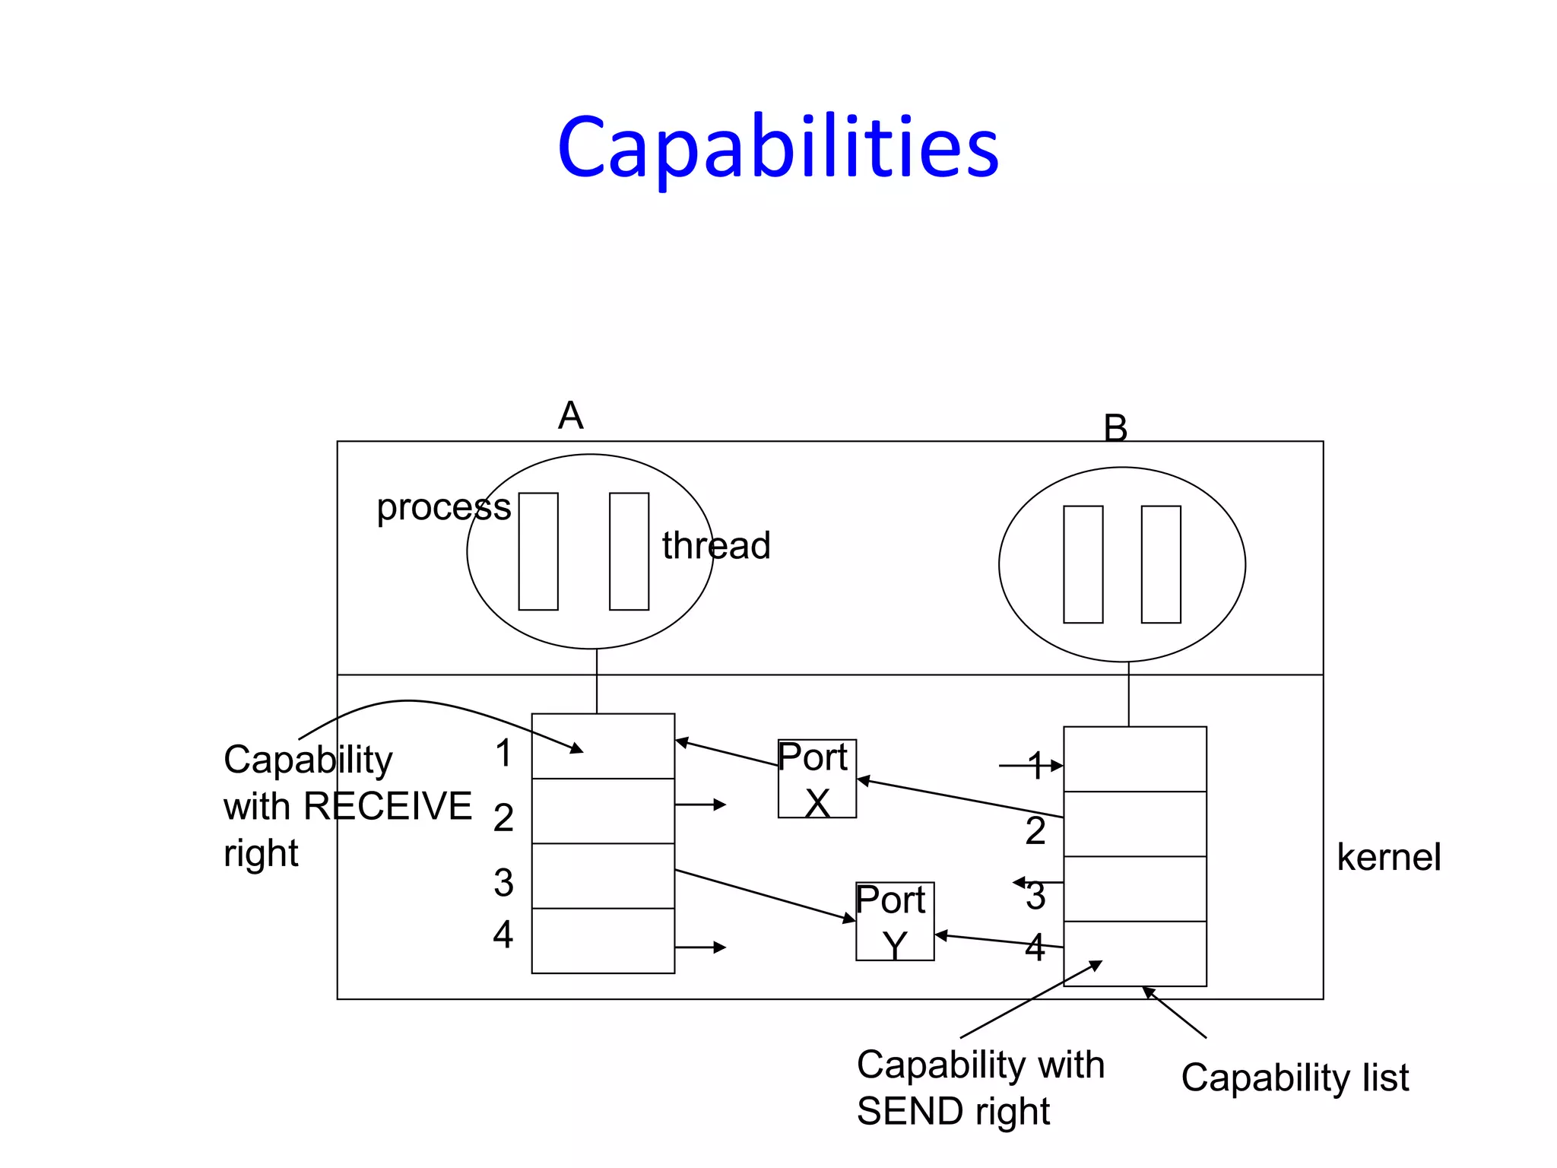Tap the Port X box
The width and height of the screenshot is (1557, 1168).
click(817, 779)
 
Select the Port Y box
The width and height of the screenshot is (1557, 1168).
click(894, 921)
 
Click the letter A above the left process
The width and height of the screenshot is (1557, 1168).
click(570, 415)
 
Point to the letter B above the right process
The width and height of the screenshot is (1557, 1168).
click(1115, 428)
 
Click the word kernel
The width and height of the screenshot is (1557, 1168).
click(1388, 857)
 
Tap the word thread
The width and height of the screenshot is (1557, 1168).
click(715, 545)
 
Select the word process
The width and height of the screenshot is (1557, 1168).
click(443, 507)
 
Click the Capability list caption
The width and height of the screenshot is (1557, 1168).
click(1295, 1078)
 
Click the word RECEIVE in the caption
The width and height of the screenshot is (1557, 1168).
click(387, 806)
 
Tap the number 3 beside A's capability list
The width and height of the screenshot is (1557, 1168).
click(503, 883)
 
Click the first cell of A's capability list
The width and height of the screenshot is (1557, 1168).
click(603, 746)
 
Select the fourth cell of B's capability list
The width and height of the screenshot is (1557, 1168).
click(1134, 953)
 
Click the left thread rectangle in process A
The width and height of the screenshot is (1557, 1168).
click(538, 551)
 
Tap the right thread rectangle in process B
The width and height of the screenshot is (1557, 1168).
click(1161, 564)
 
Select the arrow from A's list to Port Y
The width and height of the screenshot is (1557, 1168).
click(764, 895)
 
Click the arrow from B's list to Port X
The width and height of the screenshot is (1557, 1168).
click(959, 798)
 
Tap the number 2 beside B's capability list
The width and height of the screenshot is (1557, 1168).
click(1035, 830)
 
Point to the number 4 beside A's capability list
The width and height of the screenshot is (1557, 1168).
click(503, 934)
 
